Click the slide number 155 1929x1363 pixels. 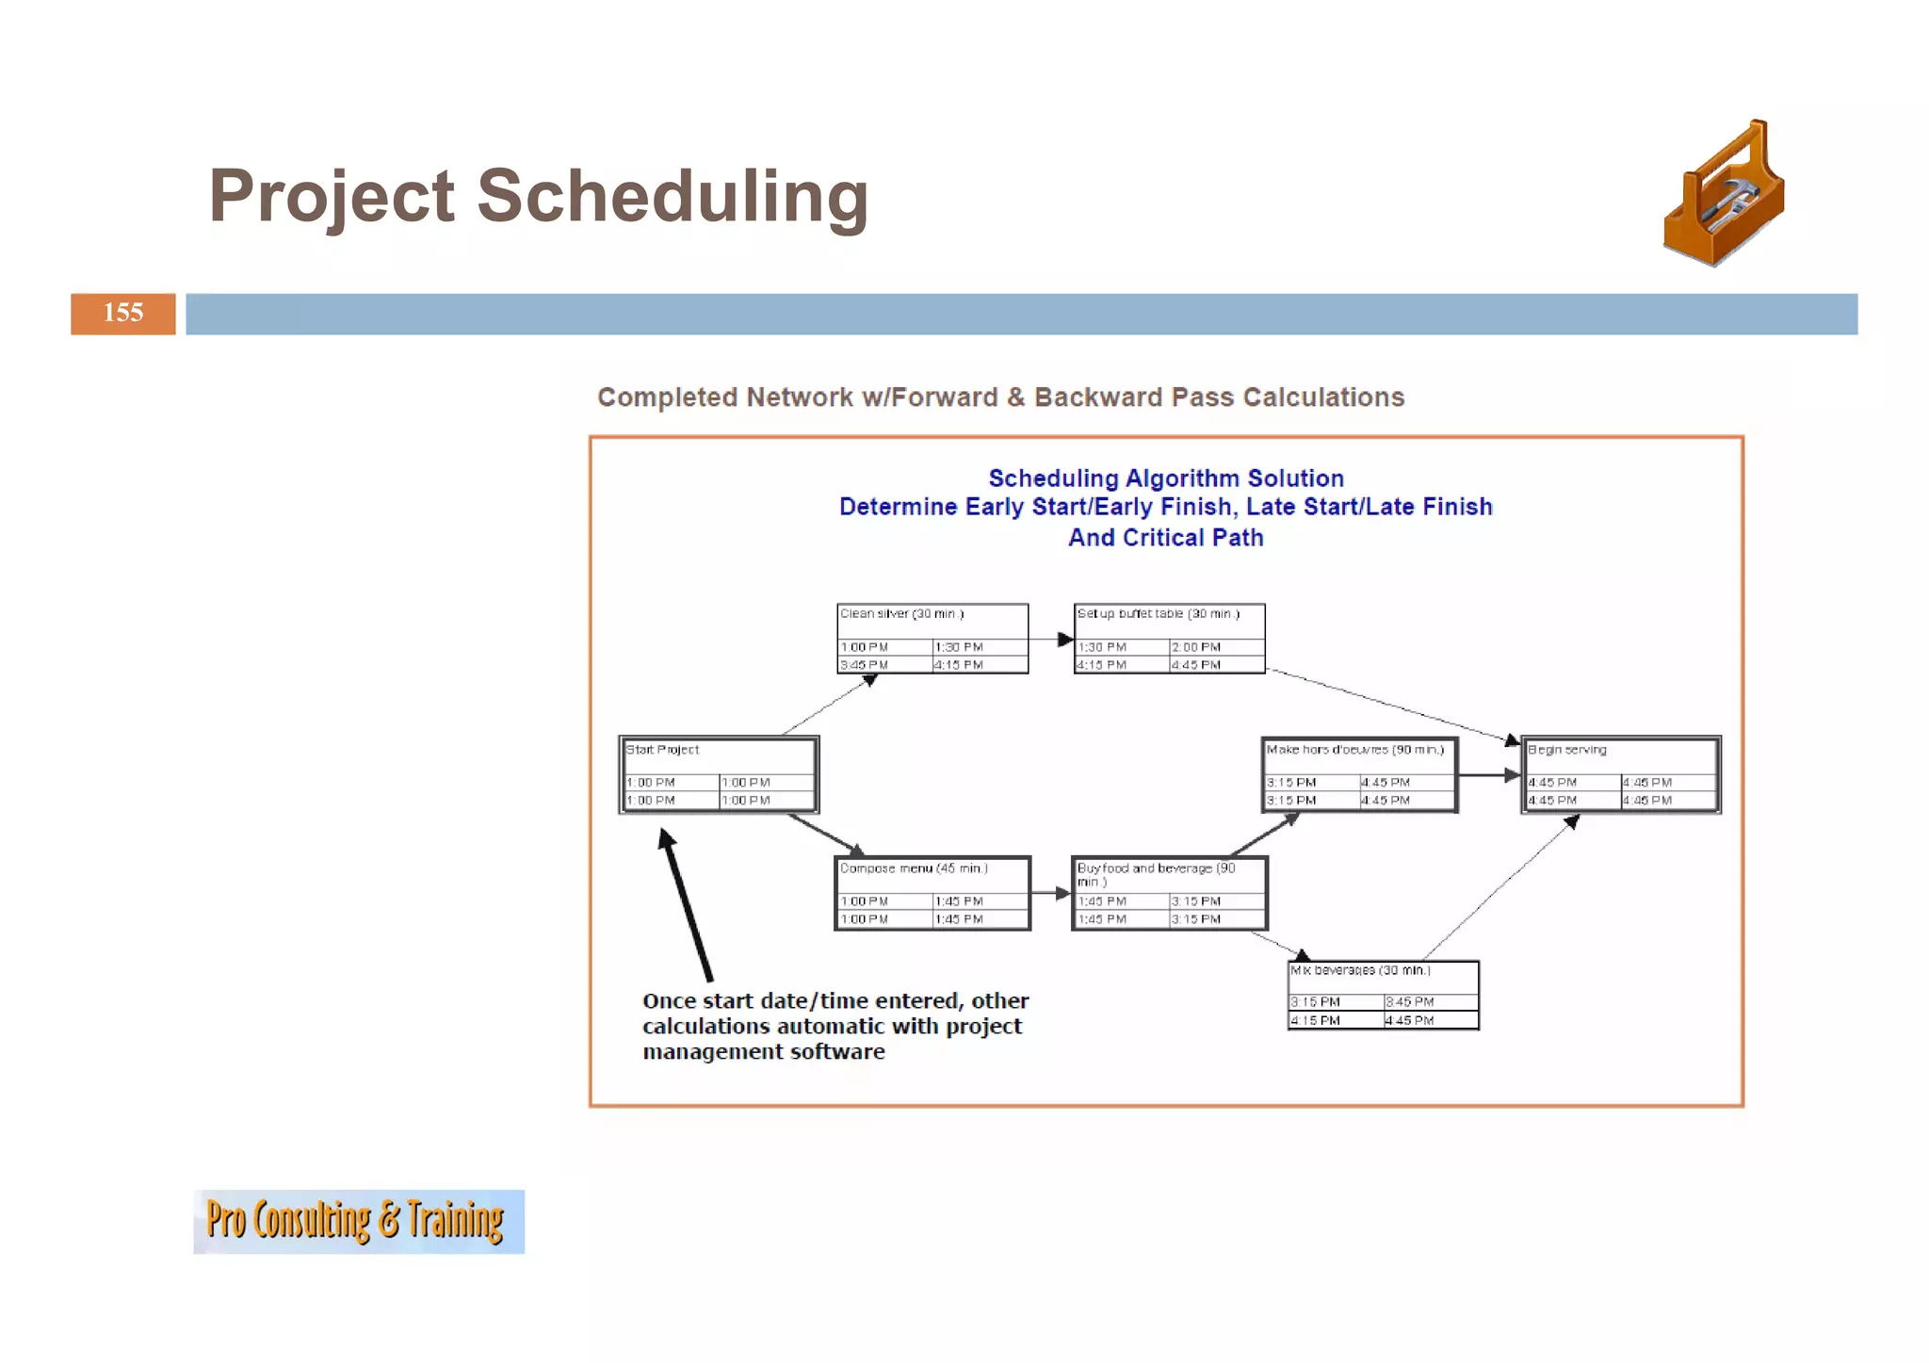(x=123, y=313)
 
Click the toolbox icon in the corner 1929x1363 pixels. (x=1723, y=194)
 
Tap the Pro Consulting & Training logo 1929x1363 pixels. (x=358, y=1221)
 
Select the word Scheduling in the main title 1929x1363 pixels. (x=672, y=196)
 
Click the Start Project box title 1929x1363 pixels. (x=662, y=750)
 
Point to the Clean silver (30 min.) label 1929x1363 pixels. (x=901, y=614)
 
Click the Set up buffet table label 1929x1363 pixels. (x=1158, y=614)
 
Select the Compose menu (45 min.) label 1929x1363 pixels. (x=913, y=868)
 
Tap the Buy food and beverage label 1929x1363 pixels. (x=1155, y=868)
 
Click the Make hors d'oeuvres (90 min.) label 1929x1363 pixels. (x=1354, y=750)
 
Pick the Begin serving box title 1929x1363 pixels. (x=1566, y=750)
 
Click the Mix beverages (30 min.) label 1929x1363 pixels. (x=1360, y=970)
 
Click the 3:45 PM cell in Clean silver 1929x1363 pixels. (x=864, y=665)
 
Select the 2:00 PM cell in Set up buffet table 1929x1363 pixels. (x=1196, y=647)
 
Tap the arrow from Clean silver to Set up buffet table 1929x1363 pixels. (x=1051, y=640)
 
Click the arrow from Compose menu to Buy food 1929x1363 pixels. (x=1051, y=893)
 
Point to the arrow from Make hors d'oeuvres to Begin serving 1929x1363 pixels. (x=1489, y=775)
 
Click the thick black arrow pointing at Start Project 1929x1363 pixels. (x=688, y=904)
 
